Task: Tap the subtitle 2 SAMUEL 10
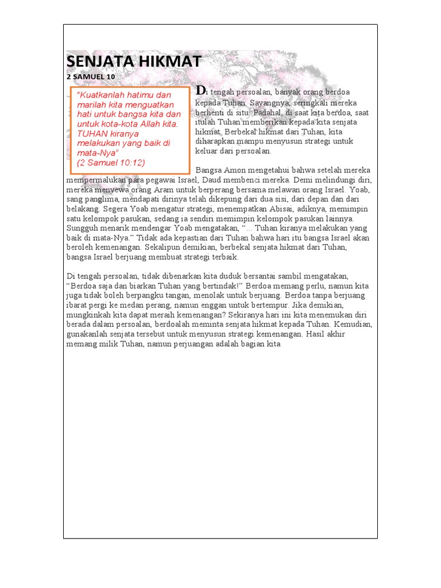(91, 76)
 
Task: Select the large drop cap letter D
(200, 90)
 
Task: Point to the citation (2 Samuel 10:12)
(111, 163)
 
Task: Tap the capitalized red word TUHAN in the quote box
(92, 133)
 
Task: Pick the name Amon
(231, 171)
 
